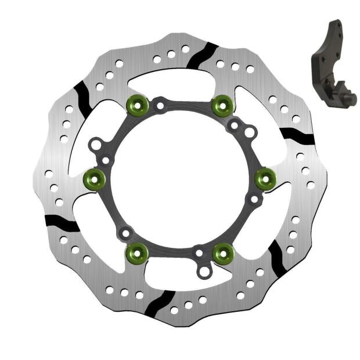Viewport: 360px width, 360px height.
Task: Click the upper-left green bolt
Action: pyautogui.click(x=135, y=105)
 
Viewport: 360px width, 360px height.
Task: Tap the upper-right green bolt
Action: pyautogui.click(x=222, y=105)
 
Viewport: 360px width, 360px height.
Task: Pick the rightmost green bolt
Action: pyautogui.click(x=265, y=178)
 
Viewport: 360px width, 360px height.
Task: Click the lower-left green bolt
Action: pyautogui.click(x=136, y=251)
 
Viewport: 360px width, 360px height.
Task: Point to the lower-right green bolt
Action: pyautogui.click(x=223, y=251)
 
